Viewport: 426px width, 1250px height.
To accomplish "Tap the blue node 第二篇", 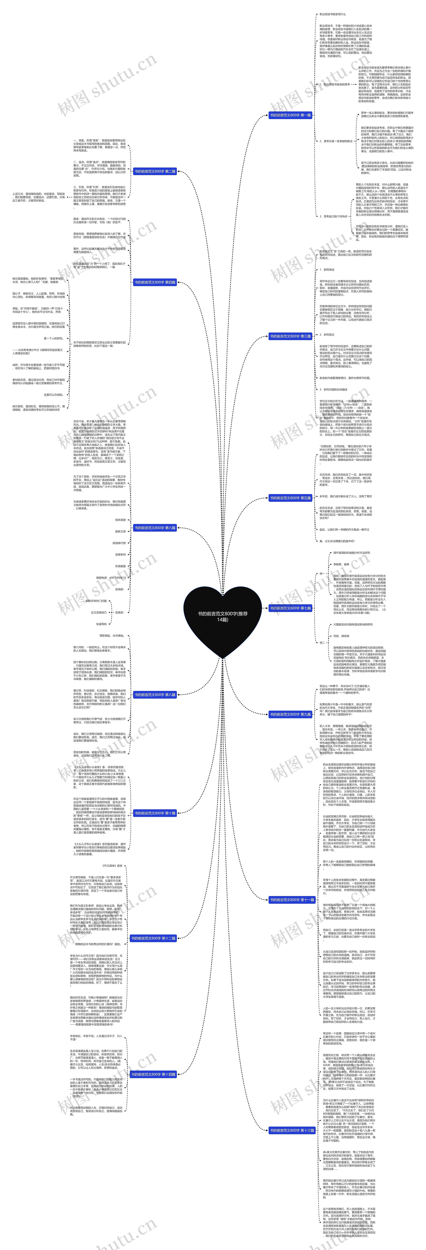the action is (x=155, y=171).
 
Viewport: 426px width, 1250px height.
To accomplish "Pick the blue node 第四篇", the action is (x=155, y=282).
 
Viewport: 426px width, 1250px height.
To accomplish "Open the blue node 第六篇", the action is (x=155, y=527).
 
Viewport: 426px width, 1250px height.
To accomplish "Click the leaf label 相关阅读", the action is (x=120, y=520).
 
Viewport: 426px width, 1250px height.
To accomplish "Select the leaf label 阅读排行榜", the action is (x=119, y=543).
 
